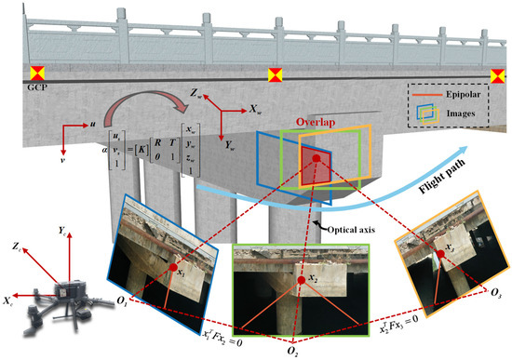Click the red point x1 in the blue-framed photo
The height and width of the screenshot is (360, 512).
pyautogui.click(x=173, y=270)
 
